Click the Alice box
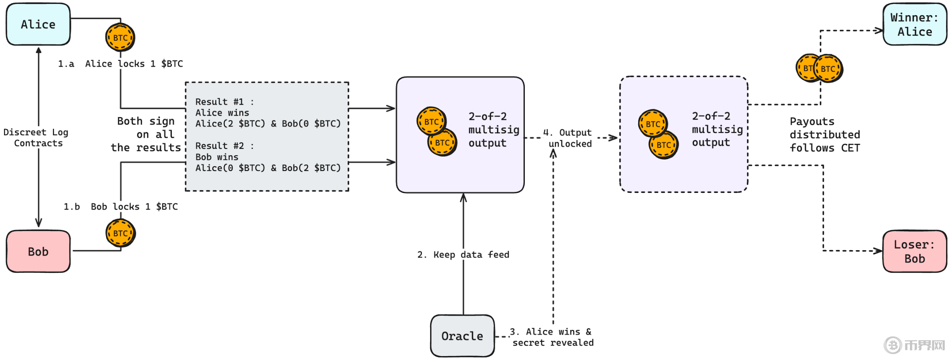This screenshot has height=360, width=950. coord(38,24)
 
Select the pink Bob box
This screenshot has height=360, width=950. coord(38,251)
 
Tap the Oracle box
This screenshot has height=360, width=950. coord(462,336)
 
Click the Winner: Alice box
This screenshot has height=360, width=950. coord(915,24)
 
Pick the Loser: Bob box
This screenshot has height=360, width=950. coord(915,251)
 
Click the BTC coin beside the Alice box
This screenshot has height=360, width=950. coord(120,38)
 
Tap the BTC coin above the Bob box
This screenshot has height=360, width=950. coord(121,233)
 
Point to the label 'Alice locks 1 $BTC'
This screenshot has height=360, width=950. coord(134,64)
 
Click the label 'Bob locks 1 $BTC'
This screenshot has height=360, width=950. coord(134,207)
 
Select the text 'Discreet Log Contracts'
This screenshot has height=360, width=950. coord(36,138)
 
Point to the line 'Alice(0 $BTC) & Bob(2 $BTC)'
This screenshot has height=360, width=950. coord(268,168)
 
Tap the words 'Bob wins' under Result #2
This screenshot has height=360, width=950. coord(217,157)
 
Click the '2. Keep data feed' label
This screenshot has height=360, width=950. coord(463,255)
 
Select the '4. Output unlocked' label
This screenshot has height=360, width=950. coord(568,138)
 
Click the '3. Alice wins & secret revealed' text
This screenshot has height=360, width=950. coord(552,337)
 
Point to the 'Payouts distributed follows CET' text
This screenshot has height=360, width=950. coord(825,135)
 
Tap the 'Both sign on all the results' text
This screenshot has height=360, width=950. coord(146,134)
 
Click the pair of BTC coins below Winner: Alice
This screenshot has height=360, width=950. coord(819,68)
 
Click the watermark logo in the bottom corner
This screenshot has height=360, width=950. coord(915,345)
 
